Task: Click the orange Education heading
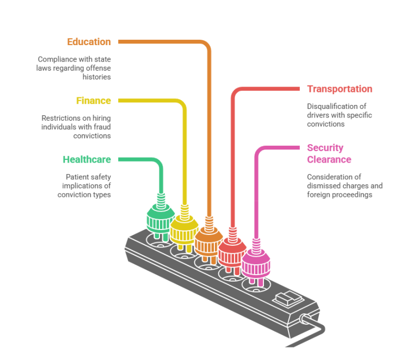pyautogui.click(x=89, y=41)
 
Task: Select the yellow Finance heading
pyautogui.click(x=93, y=101)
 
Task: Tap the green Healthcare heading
pyautogui.click(x=87, y=159)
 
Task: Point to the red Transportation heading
pyautogui.click(x=340, y=89)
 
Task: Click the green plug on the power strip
pyautogui.click(x=160, y=218)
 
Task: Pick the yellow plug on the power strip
pyautogui.click(x=184, y=227)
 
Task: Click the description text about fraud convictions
pyautogui.click(x=76, y=127)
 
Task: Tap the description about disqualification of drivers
pyautogui.click(x=340, y=115)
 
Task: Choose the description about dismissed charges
pyautogui.click(x=345, y=185)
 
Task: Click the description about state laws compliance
pyautogui.click(x=74, y=67)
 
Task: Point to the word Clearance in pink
pyautogui.click(x=329, y=159)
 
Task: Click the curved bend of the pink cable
pyautogui.click(x=260, y=151)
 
